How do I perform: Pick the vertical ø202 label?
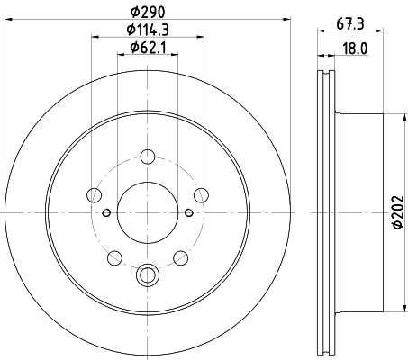[397, 213]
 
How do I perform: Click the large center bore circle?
[147, 212]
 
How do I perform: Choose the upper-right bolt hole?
[201, 193]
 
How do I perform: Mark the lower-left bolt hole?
[113, 258]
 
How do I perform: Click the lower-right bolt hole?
[180, 258]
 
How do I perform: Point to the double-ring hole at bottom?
[147, 274]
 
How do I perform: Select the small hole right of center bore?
[188, 212]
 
